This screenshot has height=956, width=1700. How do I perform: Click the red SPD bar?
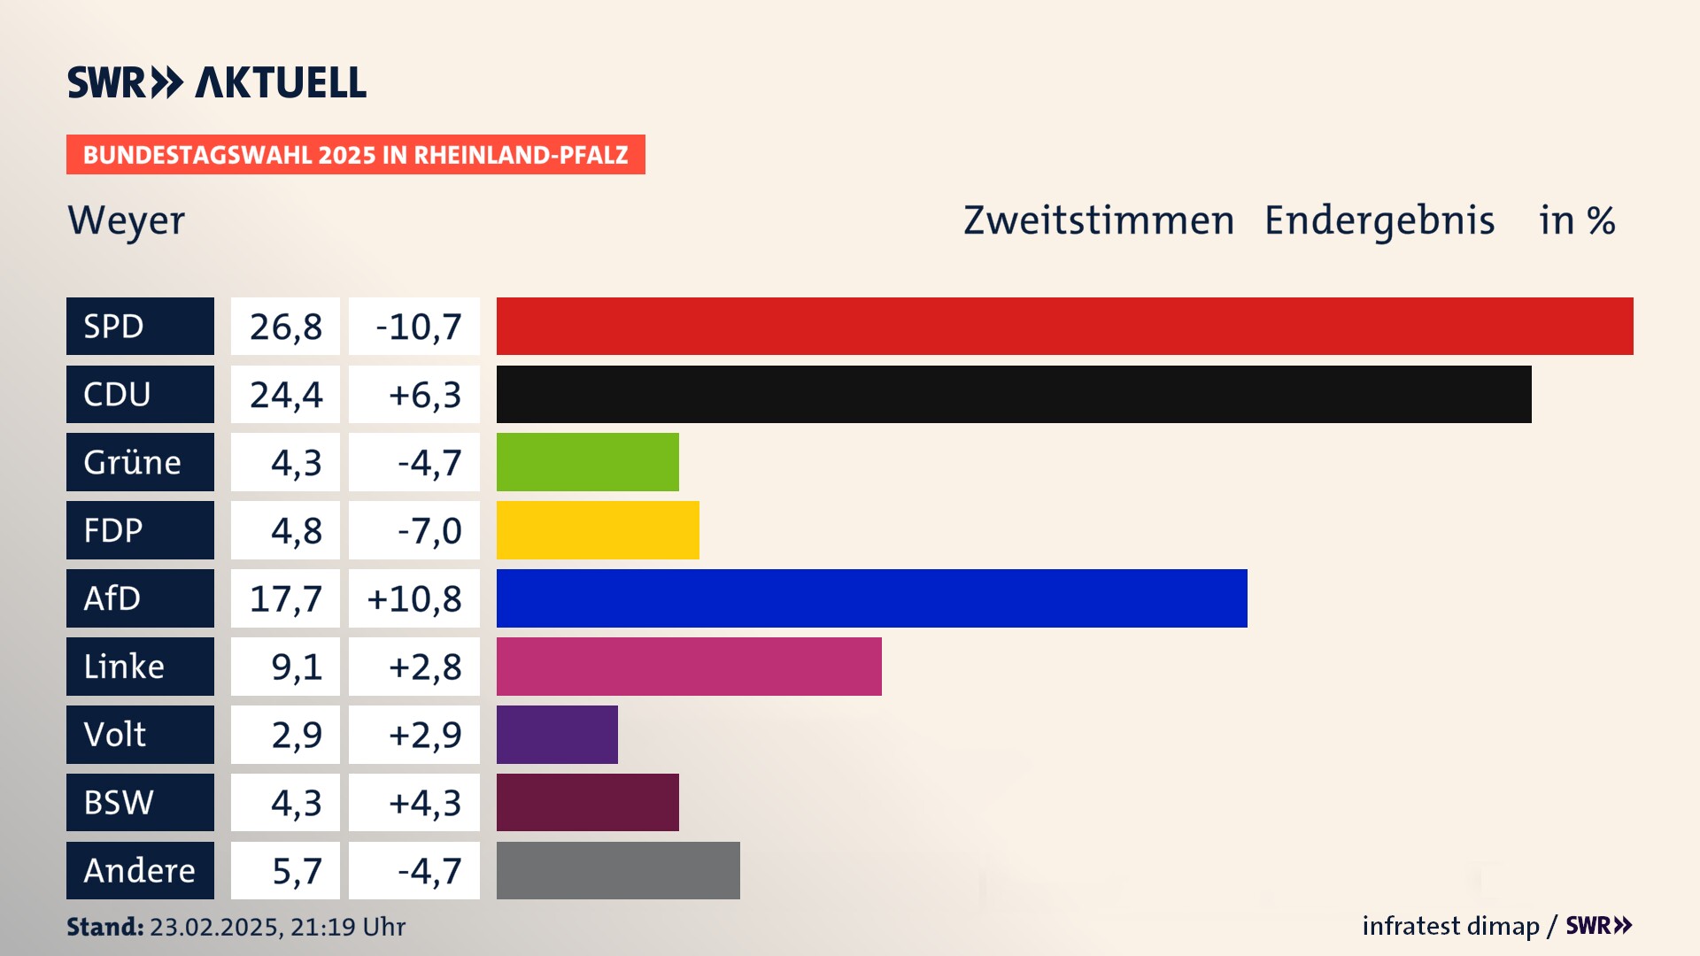1064,326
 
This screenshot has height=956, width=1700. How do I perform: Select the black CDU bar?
1014,394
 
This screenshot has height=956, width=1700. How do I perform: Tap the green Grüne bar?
587,462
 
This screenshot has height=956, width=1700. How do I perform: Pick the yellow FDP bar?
598,530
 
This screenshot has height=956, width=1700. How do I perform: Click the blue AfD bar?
871,598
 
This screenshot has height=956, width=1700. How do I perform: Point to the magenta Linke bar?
689,667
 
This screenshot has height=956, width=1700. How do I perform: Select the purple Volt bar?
557,735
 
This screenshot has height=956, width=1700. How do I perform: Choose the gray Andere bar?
618,871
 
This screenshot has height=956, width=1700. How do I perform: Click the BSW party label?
140,803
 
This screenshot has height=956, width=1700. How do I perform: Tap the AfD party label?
140,598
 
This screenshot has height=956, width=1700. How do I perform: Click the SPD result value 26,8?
285,327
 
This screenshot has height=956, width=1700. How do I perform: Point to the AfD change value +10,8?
414,599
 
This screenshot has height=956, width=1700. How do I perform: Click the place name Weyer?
127,221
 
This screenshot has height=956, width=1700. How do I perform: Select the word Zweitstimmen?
1099,220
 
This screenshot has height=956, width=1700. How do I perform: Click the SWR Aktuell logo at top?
217,82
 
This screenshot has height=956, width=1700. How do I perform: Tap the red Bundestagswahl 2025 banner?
355,155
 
